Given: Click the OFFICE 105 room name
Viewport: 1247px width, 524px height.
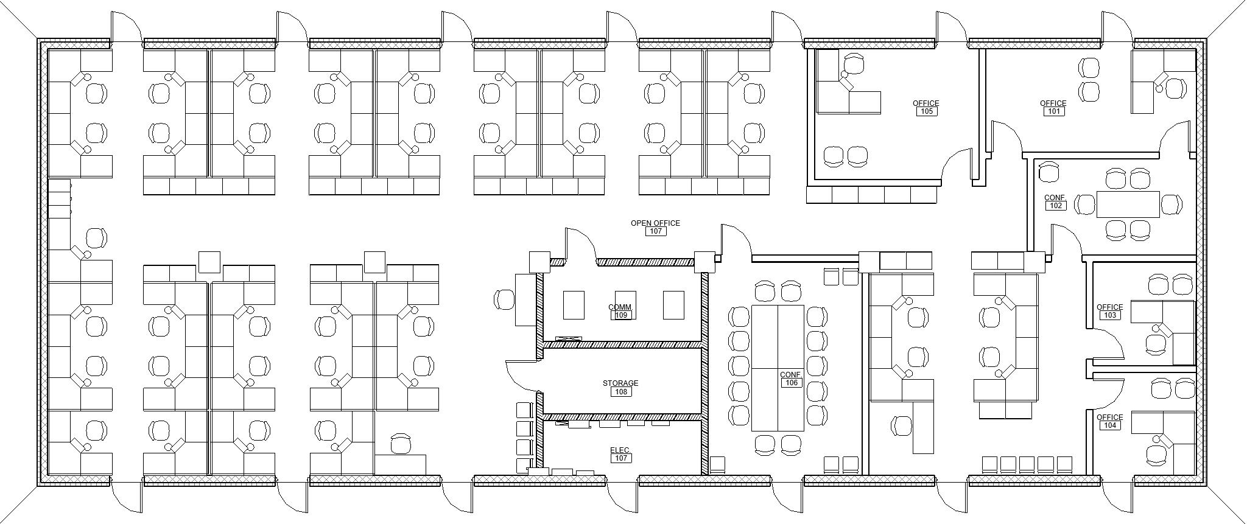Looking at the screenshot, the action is [926, 103].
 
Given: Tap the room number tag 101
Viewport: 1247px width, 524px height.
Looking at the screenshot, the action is [1053, 111].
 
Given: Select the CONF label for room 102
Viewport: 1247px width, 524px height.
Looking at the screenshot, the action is [1055, 198].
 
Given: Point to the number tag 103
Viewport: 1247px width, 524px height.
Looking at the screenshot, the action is [1109, 315].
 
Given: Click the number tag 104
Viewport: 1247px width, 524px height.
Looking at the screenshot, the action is [1109, 425].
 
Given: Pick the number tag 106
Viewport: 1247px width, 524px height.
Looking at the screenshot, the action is [791, 383].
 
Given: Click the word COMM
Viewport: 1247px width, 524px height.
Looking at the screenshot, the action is [620, 307].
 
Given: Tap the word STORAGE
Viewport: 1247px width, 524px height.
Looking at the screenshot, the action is [620, 383].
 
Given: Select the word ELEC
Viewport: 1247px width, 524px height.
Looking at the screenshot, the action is [619, 450].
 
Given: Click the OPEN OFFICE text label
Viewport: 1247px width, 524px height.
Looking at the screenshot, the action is [655, 223].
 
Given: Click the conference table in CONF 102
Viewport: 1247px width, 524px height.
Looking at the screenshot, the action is [1128, 204].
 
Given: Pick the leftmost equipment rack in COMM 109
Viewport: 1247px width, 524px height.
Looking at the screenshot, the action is [574, 305].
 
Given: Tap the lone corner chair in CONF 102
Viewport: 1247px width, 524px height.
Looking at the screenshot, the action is [1049, 172].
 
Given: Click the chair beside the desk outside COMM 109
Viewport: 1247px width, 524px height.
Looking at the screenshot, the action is [504, 299].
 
